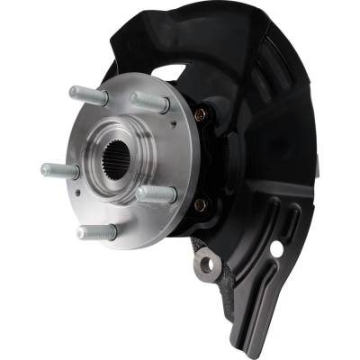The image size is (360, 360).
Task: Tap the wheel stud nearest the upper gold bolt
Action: point(148,102)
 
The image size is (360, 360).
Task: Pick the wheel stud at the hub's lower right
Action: point(156,194)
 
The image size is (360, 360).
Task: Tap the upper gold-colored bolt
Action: point(201,114)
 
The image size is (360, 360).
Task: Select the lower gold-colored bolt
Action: point(200,205)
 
